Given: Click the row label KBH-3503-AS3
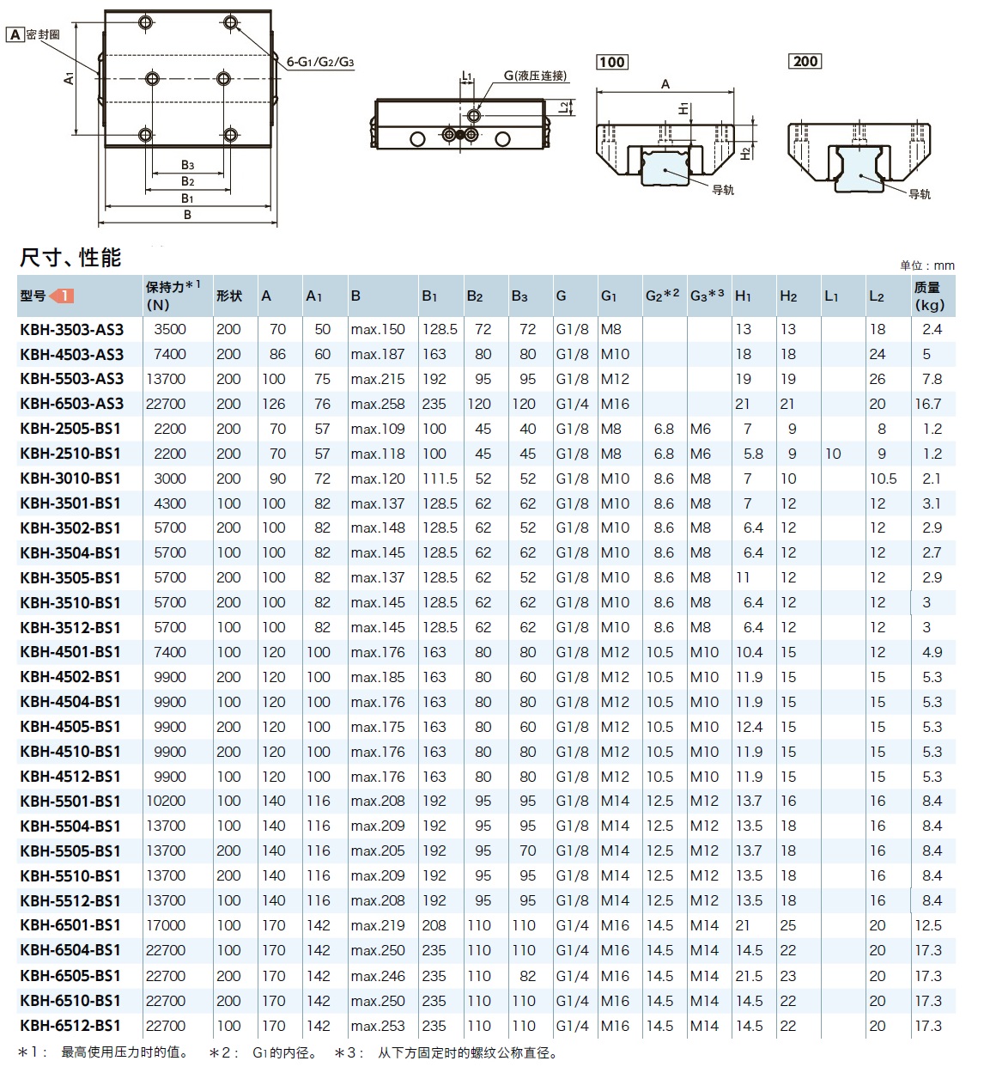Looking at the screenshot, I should pos(72,329).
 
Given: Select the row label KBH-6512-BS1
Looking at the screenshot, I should pos(70,1026).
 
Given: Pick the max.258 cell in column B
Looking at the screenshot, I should pos(377,404).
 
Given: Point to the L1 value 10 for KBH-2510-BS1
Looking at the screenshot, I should pos(833,454).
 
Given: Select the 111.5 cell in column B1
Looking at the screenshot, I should pos(440,479).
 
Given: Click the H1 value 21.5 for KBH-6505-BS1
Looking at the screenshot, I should pos(749,976).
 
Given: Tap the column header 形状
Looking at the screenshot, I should pos(229,296).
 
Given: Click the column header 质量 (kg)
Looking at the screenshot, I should pos(929,296).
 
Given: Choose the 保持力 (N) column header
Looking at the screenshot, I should pos(173,296).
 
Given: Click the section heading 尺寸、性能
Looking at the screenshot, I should pos(70,257).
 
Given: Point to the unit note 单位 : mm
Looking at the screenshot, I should pos(926,265).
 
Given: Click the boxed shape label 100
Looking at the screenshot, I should pos(612,62).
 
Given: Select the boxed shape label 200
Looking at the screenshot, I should pos(806,61).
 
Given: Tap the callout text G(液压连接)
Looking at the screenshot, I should pos(536,76).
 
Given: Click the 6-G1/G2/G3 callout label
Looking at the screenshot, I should pos(320,62).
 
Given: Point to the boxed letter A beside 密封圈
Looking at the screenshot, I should pos(15,35).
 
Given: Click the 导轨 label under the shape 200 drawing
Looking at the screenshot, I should pos(920,194).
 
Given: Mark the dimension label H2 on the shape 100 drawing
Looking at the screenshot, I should pos(746,151).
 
